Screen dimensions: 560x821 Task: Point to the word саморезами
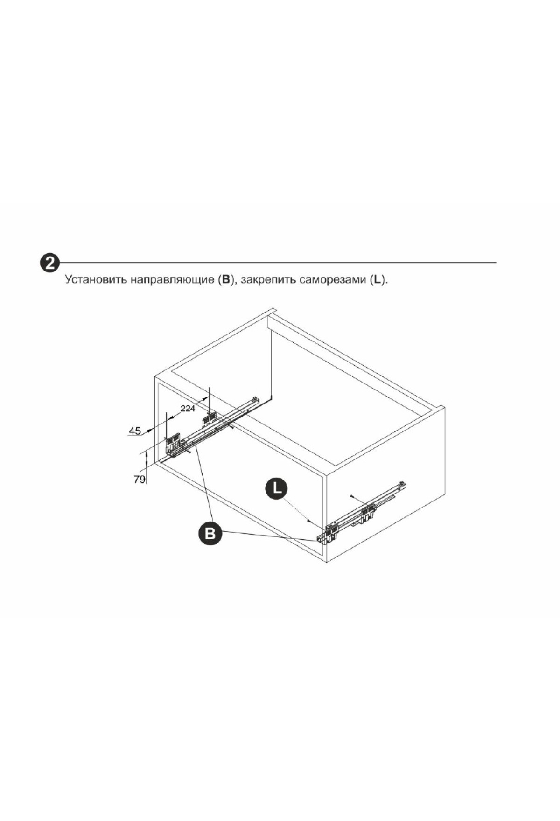coord(333,280)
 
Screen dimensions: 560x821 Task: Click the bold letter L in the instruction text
coord(378,280)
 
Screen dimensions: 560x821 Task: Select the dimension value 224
coord(188,409)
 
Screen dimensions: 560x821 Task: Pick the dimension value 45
coord(135,431)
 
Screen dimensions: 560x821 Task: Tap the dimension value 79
coord(139,479)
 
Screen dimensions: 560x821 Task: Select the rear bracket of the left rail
coord(208,420)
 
